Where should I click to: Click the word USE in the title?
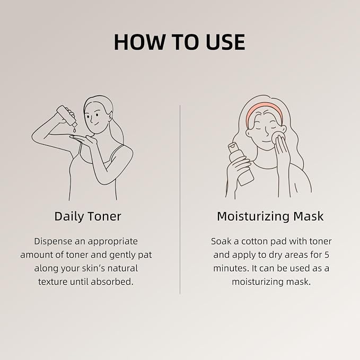tap(225, 42)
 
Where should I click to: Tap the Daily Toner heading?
tap(87, 216)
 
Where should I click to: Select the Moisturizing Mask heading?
tap(270, 216)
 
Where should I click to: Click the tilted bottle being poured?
tap(67, 116)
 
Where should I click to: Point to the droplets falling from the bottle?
tap(74, 130)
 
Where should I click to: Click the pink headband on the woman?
tap(264, 112)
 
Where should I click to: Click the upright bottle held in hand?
tap(241, 163)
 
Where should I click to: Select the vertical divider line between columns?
tap(180, 199)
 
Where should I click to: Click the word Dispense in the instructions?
tap(53, 242)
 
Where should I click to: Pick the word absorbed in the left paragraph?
tap(112, 282)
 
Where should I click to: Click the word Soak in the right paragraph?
tap(221, 241)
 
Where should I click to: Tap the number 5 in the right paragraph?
tap(327, 255)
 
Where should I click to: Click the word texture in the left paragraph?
tap(53, 282)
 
